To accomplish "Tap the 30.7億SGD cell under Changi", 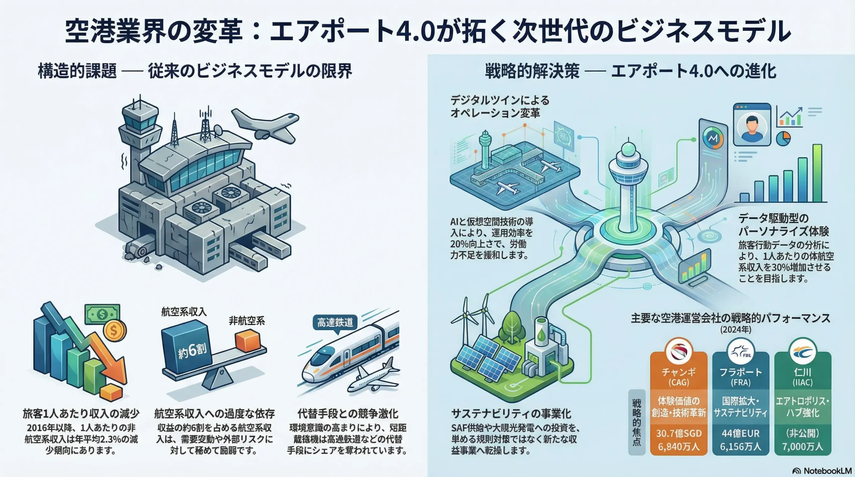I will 678,433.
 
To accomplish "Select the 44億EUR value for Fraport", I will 740,433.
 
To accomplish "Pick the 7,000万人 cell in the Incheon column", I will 803,447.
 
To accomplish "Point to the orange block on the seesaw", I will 247,340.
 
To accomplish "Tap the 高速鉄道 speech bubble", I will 335,323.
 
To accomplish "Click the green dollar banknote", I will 102,314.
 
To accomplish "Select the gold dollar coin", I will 115,331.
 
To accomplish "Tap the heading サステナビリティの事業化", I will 511,414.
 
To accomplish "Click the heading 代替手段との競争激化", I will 347,414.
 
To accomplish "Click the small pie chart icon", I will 783,138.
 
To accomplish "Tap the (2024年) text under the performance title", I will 735,330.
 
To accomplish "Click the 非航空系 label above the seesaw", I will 247,321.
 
